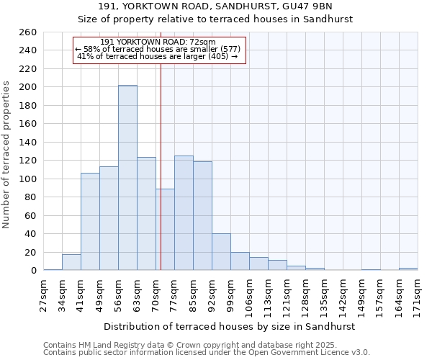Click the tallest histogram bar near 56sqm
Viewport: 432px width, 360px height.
[x=127, y=178]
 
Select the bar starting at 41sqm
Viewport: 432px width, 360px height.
[x=90, y=222]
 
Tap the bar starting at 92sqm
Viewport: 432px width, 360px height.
[x=221, y=252]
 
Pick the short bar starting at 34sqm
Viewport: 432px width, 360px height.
[x=71, y=263]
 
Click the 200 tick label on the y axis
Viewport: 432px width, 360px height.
[x=27, y=87]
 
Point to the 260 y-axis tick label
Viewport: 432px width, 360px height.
[x=27, y=32]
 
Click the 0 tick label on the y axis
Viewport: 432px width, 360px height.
[x=33, y=271]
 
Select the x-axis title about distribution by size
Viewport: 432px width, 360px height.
[x=230, y=327]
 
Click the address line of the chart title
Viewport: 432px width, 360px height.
[x=215, y=6]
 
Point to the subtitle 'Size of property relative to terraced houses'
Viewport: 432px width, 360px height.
[x=215, y=19]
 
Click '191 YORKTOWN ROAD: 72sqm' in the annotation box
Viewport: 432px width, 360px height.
[x=158, y=42]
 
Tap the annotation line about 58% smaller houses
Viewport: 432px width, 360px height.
[x=158, y=49]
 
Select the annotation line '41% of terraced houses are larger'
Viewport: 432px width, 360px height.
[x=158, y=56]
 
